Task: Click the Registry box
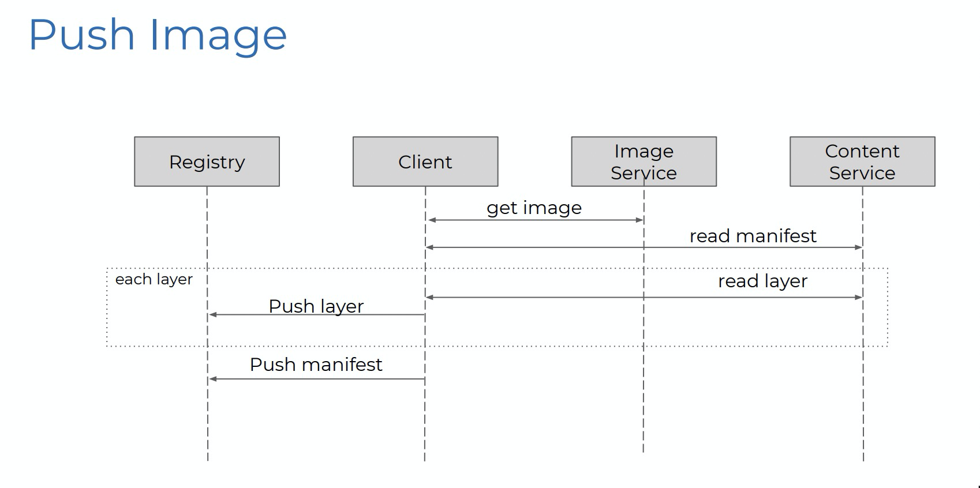(x=207, y=162)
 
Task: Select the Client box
(x=425, y=162)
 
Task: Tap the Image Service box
(x=644, y=162)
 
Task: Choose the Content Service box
(x=862, y=162)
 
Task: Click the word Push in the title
(x=81, y=35)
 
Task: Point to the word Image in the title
(x=218, y=35)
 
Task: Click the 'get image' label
(x=534, y=208)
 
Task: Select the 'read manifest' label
(x=753, y=236)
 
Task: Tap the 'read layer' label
(x=762, y=281)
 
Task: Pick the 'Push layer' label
(x=316, y=306)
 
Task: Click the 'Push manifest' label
(x=316, y=365)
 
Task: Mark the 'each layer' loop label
(x=154, y=279)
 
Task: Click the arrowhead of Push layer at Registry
(x=212, y=314)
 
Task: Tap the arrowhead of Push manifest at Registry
(x=212, y=379)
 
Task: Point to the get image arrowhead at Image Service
(x=639, y=220)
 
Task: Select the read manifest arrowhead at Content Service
(x=858, y=247)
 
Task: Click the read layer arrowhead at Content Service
(x=858, y=297)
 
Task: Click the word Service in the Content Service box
(x=862, y=173)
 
